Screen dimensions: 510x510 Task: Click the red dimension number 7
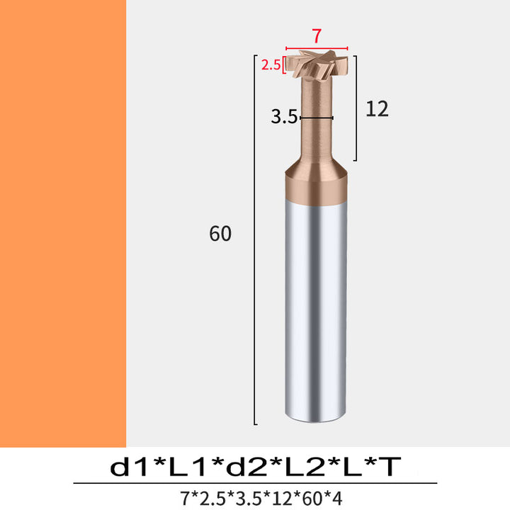[317, 36]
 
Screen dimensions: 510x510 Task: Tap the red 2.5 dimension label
[271, 65]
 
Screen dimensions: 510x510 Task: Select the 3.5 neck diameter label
[284, 117]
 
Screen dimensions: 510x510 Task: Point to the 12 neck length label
[377, 109]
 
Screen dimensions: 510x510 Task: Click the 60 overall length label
[220, 233]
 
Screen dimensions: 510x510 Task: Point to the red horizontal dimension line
[317, 48]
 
